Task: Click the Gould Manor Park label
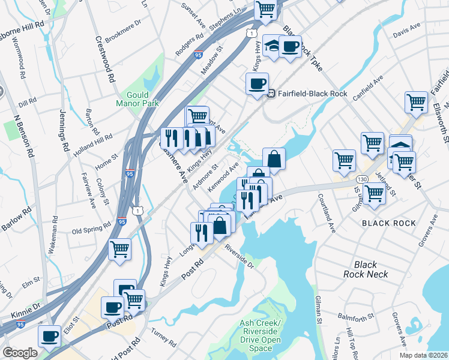click(x=142, y=99)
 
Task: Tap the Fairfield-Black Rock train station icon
click(x=271, y=94)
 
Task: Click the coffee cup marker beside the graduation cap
click(x=290, y=47)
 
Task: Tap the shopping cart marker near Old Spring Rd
click(x=119, y=248)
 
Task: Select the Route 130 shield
click(x=361, y=179)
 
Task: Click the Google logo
click(x=20, y=353)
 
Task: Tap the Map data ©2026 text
click(x=423, y=355)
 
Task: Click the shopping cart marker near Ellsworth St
click(x=416, y=101)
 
